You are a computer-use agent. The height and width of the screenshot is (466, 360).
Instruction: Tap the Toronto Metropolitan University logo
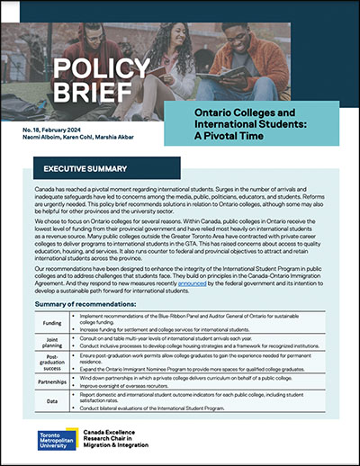tap(56, 440)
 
